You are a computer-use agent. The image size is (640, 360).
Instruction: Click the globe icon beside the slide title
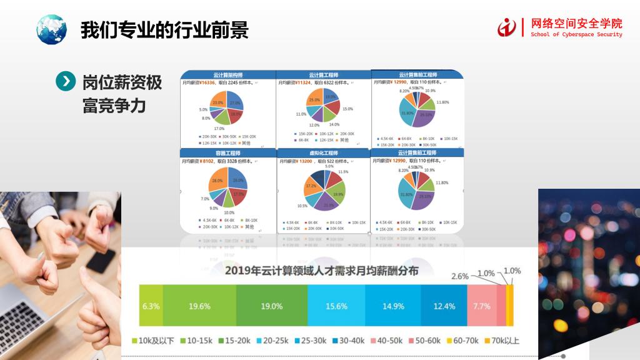(51, 29)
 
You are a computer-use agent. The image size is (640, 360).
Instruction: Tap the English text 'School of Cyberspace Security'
(576, 35)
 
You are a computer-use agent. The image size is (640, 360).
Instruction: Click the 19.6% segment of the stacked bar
(199, 306)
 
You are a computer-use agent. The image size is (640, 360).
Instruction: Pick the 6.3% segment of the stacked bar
(151, 306)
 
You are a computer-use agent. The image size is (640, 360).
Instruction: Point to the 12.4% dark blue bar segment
(444, 306)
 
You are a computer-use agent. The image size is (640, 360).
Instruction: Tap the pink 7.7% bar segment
(481, 306)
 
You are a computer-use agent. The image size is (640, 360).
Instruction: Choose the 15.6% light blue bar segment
(337, 306)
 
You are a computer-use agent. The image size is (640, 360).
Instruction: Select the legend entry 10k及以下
(154, 341)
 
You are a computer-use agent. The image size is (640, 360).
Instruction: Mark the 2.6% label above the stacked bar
(460, 276)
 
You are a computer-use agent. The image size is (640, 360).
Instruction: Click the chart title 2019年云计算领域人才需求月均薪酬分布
(322, 271)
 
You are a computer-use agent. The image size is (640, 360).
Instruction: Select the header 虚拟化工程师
(323, 152)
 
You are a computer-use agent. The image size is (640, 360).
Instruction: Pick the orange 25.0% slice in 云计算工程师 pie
(314, 100)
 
